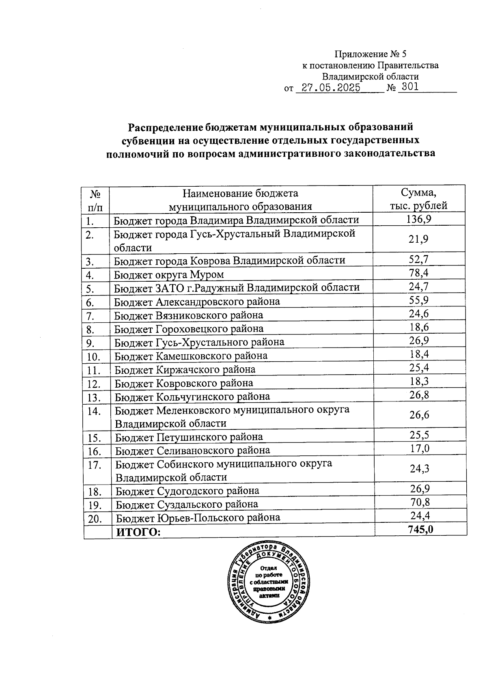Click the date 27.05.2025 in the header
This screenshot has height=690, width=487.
coord(329,88)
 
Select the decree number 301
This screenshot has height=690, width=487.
coord(408,87)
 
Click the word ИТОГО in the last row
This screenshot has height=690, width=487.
coord(138,532)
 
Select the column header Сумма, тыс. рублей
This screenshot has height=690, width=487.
coord(419,199)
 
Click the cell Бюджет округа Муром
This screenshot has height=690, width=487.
coord(169,274)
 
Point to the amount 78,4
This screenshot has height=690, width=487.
coord(419,273)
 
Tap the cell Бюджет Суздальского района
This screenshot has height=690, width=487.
coord(187,505)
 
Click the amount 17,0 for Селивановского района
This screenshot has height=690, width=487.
coord(420,448)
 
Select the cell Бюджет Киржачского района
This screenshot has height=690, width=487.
coord(185,370)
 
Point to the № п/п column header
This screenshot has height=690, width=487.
coord(96,200)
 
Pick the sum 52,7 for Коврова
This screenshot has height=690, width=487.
coord(419,259)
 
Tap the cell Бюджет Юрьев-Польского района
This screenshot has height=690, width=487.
coord(198,518)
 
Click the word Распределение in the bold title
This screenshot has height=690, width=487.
coord(165,127)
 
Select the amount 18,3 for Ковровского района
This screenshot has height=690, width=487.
coord(420,381)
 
